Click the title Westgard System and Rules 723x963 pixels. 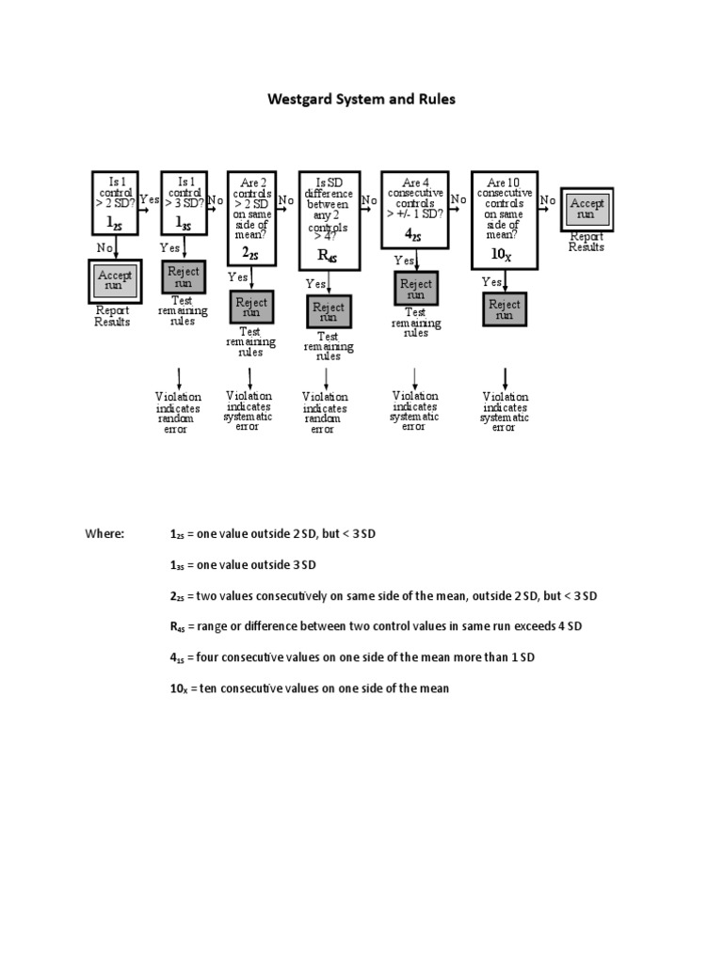[x=361, y=99]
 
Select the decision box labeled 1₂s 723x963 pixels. [x=115, y=202]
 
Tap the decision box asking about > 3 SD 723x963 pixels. [x=184, y=202]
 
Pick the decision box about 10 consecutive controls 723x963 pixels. [x=504, y=216]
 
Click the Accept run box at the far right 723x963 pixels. [x=587, y=209]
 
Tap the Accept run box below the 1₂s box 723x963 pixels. [x=115, y=281]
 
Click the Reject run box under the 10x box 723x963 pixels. [x=505, y=309]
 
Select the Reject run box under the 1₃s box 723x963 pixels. [x=184, y=276]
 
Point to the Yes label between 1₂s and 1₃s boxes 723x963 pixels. [x=150, y=199]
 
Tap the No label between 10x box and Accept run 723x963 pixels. [x=547, y=199]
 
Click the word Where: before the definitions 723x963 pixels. [x=104, y=534]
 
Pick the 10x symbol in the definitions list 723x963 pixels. [x=179, y=688]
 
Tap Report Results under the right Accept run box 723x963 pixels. [x=586, y=243]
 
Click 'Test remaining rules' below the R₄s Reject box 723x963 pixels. [x=328, y=346]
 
